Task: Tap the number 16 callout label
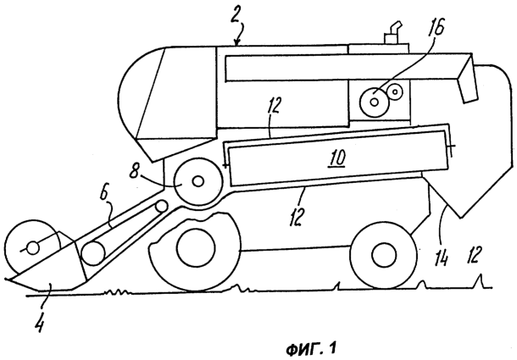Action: coord(436,27)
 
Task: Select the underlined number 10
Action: coord(336,158)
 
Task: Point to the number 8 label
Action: coord(134,171)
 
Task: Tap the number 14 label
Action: coord(442,258)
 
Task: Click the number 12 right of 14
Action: coord(475,254)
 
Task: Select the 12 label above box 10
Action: coord(274,105)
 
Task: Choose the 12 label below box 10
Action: coord(296,217)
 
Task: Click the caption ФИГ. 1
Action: coord(311,349)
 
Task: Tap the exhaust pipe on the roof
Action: coord(392,32)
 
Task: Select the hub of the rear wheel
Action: coord(384,256)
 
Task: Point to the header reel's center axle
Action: coord(32,248)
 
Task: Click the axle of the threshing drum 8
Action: coord(197,181)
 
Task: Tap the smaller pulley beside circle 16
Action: coord(395,91)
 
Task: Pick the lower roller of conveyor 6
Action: coord(93,253)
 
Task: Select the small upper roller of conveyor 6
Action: coord(162,207)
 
